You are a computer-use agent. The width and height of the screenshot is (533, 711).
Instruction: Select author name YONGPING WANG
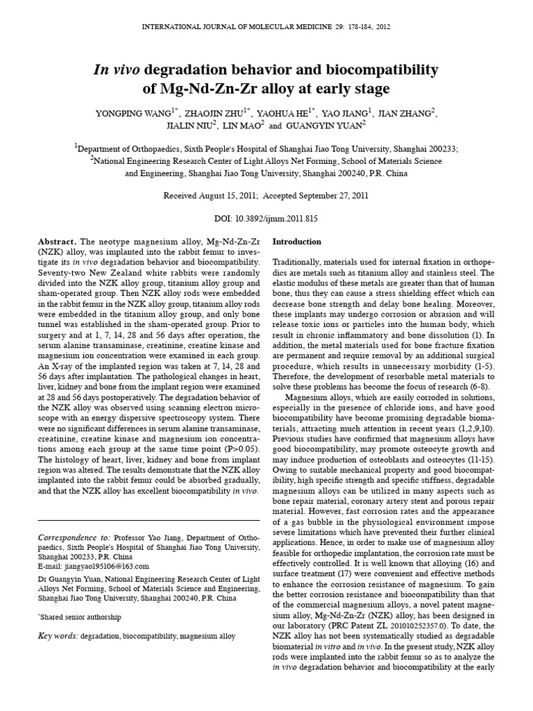point(135,112)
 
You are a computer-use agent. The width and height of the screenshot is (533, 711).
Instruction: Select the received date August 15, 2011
point(228,196)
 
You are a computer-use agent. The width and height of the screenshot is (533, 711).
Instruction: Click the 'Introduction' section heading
point(297,242)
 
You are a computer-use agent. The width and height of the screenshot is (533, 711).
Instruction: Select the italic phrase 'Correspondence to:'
point(74,537)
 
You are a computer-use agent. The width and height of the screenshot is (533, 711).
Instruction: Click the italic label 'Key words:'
point(58,636)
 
